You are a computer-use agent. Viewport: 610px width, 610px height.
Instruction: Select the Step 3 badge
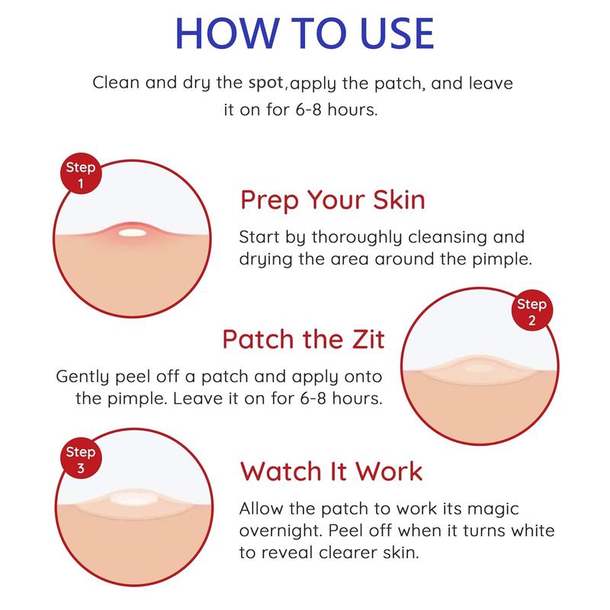pos(80,460)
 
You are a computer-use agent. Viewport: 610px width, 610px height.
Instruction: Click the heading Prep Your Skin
pos(332,201)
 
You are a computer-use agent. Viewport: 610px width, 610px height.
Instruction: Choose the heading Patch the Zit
pos(303,338)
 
